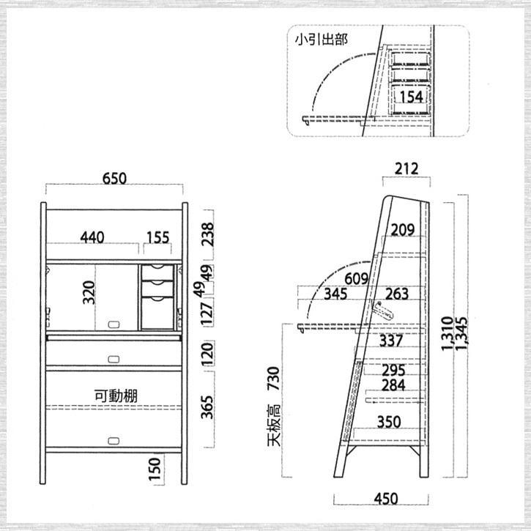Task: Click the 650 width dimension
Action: coord(114,179)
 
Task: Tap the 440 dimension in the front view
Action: coord(92,237)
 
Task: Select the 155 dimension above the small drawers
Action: coord(157,237)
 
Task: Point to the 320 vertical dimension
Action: coord(89,292)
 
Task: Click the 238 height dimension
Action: coord(207,234)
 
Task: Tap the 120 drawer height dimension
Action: coord(207,354)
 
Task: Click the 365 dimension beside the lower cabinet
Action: coord(207,407)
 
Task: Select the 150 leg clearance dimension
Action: coord(155,469)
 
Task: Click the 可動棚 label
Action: coord(116,396)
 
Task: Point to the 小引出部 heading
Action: coord(321,40)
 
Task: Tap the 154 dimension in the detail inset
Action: coord(411,97)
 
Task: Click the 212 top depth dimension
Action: coord(406,168)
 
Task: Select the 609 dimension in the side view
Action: coord(356,279)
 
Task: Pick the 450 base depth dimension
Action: coord(386,499)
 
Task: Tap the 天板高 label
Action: coord(274,425)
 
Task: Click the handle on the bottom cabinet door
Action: coord(114,441)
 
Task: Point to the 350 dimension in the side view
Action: coord(389,422)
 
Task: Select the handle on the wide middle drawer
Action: coord(114,360)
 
